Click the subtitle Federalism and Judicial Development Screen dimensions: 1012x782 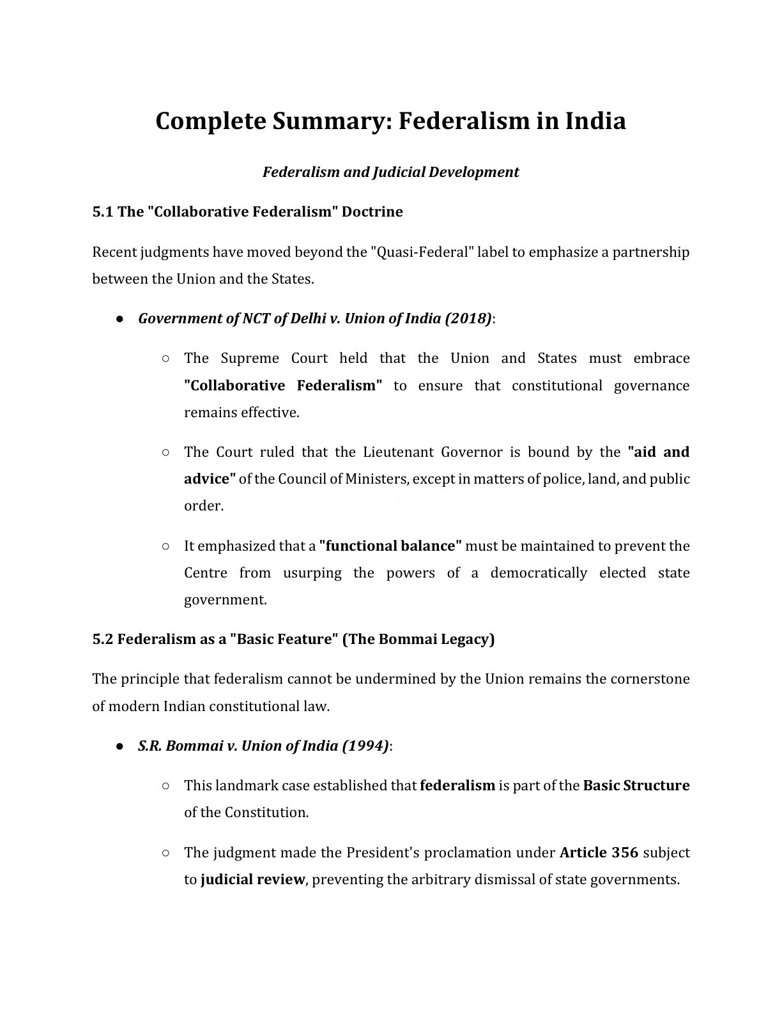coord(390,172)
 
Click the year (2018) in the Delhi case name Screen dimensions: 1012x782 coord(468,318)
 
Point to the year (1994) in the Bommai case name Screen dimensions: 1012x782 coord(365,746)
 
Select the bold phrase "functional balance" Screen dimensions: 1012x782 coord(390,546)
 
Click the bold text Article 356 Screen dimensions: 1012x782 coord(599,852)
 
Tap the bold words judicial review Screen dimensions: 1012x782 coord(252,879)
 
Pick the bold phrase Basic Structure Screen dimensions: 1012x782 coord(636,785)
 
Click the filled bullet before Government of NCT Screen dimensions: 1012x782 coord(119,319)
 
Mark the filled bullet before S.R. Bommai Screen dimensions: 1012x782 coord(119,746)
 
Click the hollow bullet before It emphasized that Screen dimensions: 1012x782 coord(165,546)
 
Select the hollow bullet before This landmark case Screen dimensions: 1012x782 coord(165,786)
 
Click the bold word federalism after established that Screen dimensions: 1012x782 coord(457,785)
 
